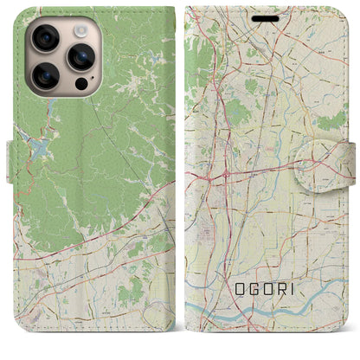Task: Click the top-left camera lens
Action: click(45, 38)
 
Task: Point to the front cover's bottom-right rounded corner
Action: click(342, 344)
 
